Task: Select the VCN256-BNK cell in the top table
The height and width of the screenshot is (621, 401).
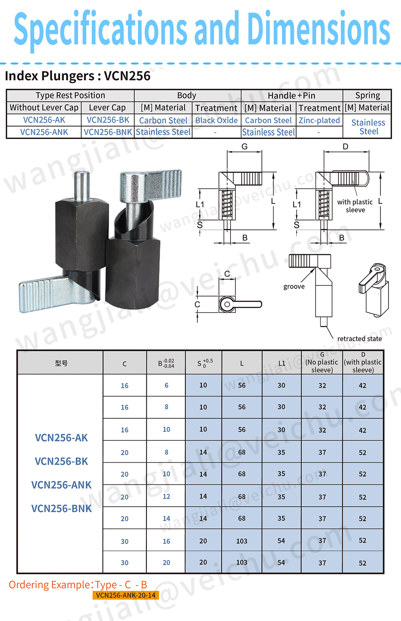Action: pyautogui.click(x=108, y=132)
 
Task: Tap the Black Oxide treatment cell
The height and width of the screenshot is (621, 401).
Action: pyautogui.click(x=217, y=120)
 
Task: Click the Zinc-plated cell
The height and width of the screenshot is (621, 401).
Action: pyautogui.click(x=319, y=120)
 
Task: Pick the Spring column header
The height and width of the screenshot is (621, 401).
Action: pyautogui.click(x=367, y=95)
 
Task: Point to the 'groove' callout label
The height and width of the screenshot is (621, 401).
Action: pyautogui.click(x=294, y=286)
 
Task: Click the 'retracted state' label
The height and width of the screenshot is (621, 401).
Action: pyautogui.click(x=359, y=339)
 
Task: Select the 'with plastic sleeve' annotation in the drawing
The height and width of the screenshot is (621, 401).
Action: pyautogui.click(x=355, y=206)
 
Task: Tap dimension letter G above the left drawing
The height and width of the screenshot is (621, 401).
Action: pyautogui.click(x=245, y=146)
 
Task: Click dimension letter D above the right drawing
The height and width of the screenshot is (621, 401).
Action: pyautogui.click(x=346, y=146)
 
